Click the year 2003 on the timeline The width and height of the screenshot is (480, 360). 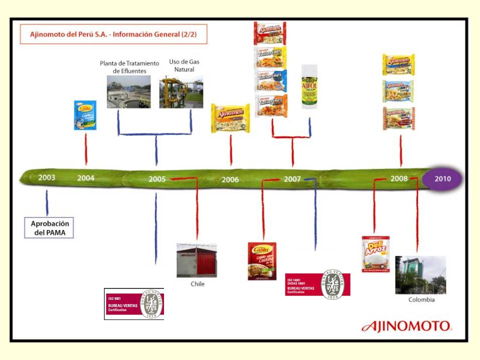point(46,177)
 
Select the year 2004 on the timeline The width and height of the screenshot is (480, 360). point(85,177)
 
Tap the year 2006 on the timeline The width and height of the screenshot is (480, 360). point(230,179)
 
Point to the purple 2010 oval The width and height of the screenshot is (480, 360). point(442,178)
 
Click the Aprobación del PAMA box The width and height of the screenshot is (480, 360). point(49,227)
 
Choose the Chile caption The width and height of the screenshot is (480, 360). point(197,284)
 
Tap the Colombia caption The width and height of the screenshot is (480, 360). point(421,299)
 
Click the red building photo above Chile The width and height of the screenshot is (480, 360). point(196,260)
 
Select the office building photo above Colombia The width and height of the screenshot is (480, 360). point(420,274)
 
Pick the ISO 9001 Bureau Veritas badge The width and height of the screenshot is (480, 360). point(133,303)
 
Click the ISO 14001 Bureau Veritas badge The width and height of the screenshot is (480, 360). point(317,284)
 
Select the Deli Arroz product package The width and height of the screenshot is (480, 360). point(375,254)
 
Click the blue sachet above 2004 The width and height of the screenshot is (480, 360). point(85,115)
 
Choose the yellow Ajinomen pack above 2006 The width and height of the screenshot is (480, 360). point(230,118)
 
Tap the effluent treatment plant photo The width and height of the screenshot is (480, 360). point(128,91)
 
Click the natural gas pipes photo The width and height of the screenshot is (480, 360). point(181,92)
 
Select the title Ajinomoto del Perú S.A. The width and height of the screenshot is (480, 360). point(113,34)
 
